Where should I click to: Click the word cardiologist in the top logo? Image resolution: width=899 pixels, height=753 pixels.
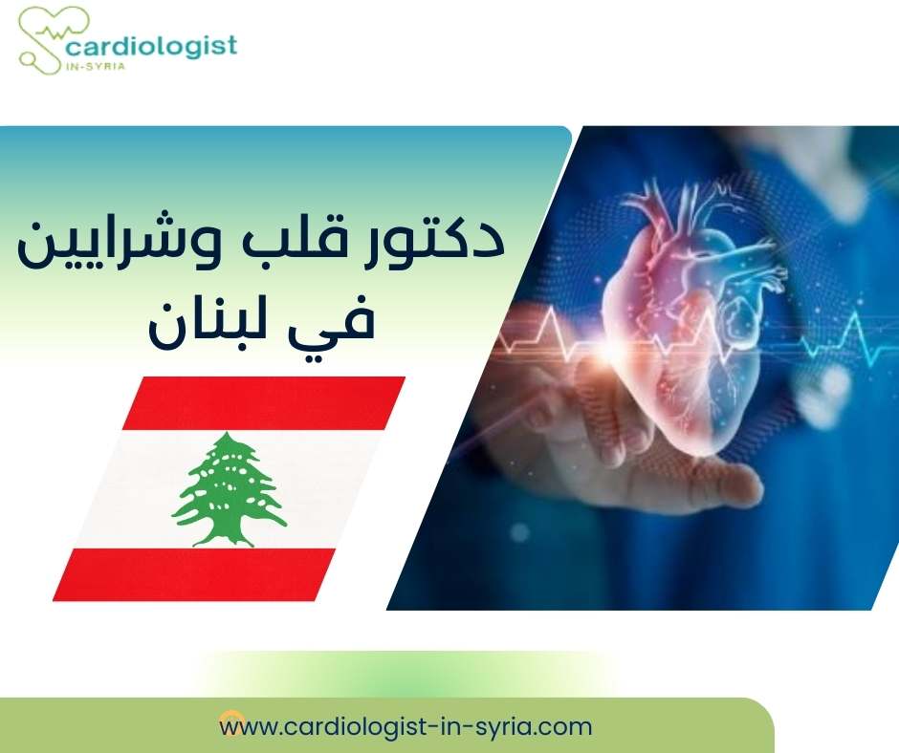pyautogui.click(x=150, y=45)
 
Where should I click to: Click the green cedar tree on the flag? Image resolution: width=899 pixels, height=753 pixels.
pyautogui.click(x=229, y=483)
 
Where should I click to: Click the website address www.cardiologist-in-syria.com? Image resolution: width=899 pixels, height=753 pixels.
pyautogui.click(x=406, y=726)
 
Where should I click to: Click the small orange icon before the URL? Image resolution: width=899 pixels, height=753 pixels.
pyautogui.click(x=228, y=718)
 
